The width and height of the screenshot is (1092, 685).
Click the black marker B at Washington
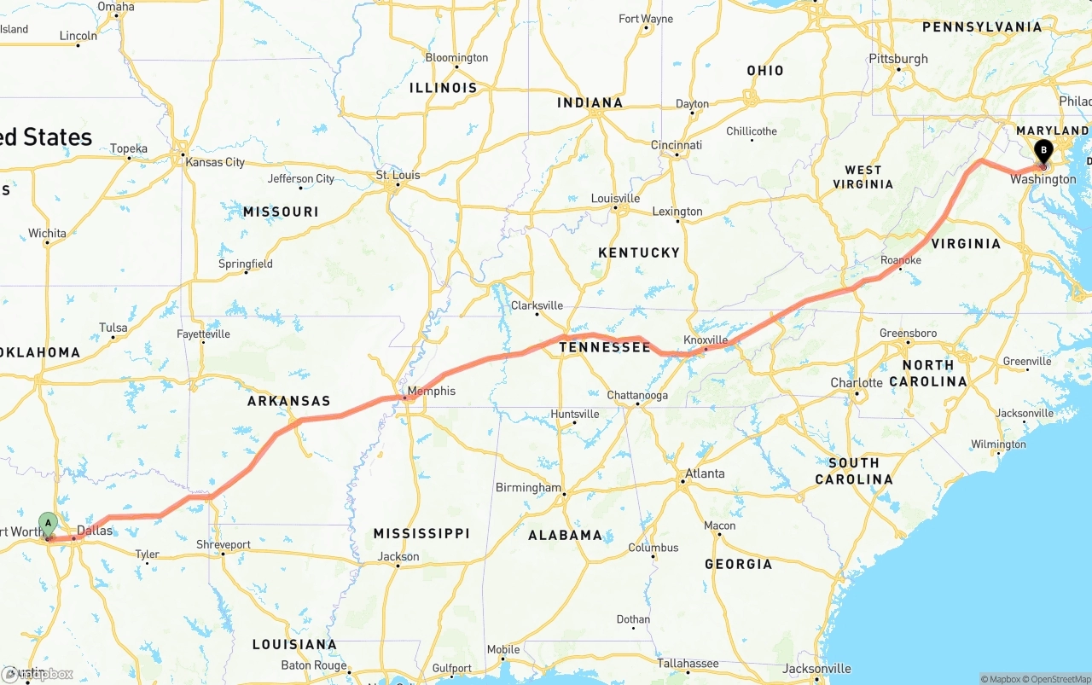[x=1043, y=153]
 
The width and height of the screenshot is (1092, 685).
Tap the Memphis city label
[x=432, y=392]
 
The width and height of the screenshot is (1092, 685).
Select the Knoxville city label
[x=706, y=340]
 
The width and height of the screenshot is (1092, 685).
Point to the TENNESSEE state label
[x=605, y=347]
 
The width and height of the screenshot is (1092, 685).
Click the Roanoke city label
[x=901, y=260]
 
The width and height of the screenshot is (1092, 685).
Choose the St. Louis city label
[x=398, y=176]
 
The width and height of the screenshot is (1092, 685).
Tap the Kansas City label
[x=215, y=162]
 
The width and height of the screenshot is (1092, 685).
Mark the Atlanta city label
[x=705, y=473]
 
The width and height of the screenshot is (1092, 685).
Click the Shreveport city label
[x=224, y=544]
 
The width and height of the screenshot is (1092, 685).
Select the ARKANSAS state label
[x=288, y=401]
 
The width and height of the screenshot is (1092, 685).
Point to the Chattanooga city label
[x=637, y=396]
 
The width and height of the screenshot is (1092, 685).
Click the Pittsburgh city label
[x=898, y=59]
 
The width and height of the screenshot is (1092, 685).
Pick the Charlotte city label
[x=857, y=382]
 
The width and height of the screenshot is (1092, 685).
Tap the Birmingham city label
[x=528, y=488]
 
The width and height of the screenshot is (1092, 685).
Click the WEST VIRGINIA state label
[x=863, y=177]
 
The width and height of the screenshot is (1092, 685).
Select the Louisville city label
[x=615, y=199]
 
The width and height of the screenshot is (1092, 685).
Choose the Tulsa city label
[x=113, y=328]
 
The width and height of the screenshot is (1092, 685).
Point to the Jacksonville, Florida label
[x=816, y=668]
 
